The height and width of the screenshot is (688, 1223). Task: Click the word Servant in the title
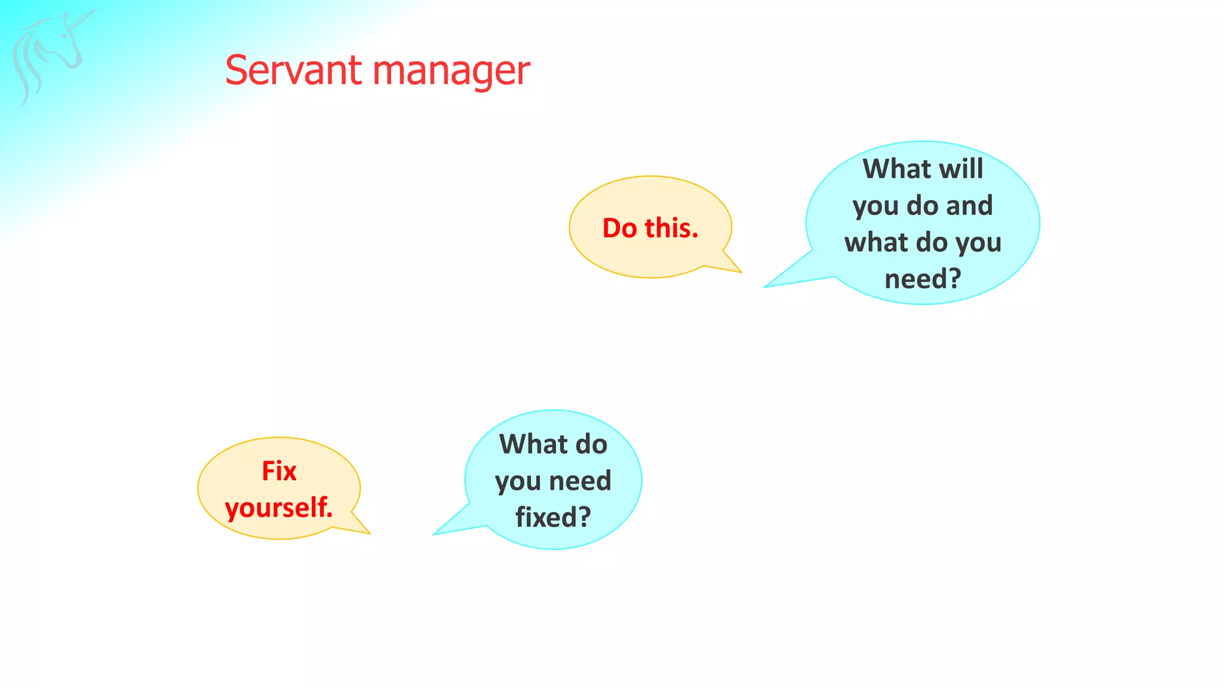pyautogui.click(x=293, y=70)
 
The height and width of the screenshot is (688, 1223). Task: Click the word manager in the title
pyautogui.click(x=451, y=72)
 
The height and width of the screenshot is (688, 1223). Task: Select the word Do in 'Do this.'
pyautogui.click(x=620, y=228)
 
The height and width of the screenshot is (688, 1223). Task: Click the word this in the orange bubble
pyautogui.click(x=671, y=228)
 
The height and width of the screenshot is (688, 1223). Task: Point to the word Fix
pyautogui.click(x=279, y=471)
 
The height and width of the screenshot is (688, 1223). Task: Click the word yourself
pyautogui.click(x=279, y=508)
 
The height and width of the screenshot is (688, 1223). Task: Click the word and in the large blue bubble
pyautogui.click(x=969, y=206)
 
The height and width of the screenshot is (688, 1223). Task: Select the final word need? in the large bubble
pyautogui.click(x=923, y=279)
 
